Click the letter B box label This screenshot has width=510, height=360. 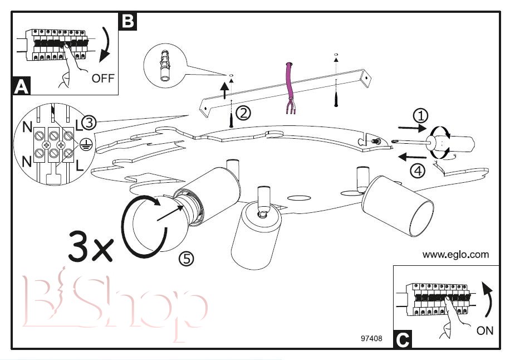click(x=128, y=21)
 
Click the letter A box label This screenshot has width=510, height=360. click(x=21, y=86)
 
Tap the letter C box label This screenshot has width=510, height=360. click(x=403, y=339)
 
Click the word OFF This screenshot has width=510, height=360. click(x=102, y=78)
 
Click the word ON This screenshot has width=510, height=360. click(x=485, y=330)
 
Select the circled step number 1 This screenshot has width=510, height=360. click(x=421, y=115)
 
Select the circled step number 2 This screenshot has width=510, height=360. click(x=243, y=113)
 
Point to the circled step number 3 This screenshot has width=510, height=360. click(x=90, y=122)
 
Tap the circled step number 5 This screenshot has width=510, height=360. click(x=186, y=259)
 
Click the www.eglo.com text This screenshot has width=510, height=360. click(x=455, y=255)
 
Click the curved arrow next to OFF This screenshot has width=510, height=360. click(x=106, y=47)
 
